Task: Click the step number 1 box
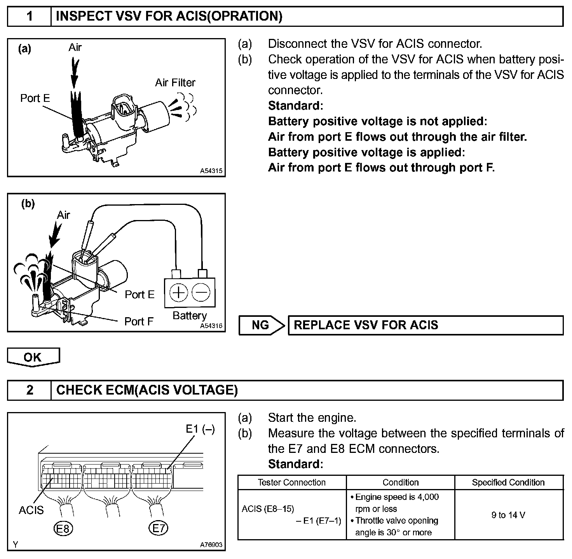click(x=30, y=16)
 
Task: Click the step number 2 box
click(x=30, y=390)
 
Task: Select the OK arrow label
click(x=33, y=357)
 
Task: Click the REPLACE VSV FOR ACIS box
click(x=425, y=325)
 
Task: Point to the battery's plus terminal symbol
click(x=178, y=292)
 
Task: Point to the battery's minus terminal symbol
click(x=201, y=292)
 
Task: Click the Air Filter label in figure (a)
click(x=175, y=82)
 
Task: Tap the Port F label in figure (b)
click(x=139, y=321)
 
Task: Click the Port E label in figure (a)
click(x=35, y=98)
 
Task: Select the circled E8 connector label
click(x=63, y=528)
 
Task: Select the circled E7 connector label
click(x=158, y=528)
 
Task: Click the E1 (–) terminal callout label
click(x=200, y=429)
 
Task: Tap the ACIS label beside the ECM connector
click(x=31, y=510)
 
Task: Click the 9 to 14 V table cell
click(x=508, y=515)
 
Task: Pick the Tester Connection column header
click(x=292, y=482)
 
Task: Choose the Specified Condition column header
click(x=508, y=482)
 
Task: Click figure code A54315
click(x=212, y=171)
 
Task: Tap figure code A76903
click(x=211, y=545)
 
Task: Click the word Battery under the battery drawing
click(x=190, y=315)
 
